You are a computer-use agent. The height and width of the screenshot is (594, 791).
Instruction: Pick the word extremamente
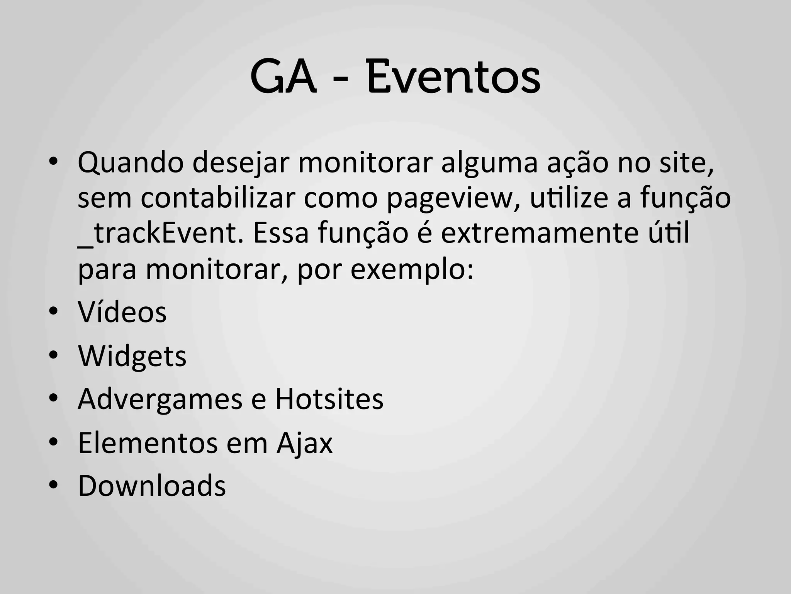540,234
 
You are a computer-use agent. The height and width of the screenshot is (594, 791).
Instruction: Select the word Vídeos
122,312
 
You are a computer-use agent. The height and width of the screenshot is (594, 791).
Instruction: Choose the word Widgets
132,356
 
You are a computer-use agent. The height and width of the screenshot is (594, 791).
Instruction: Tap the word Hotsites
329,399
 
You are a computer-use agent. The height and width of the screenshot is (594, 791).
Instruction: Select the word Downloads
152,486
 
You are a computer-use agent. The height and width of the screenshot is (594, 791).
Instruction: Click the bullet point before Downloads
54,485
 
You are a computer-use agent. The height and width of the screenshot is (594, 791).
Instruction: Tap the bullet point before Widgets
54,355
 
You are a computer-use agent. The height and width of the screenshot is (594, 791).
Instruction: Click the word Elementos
148,443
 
